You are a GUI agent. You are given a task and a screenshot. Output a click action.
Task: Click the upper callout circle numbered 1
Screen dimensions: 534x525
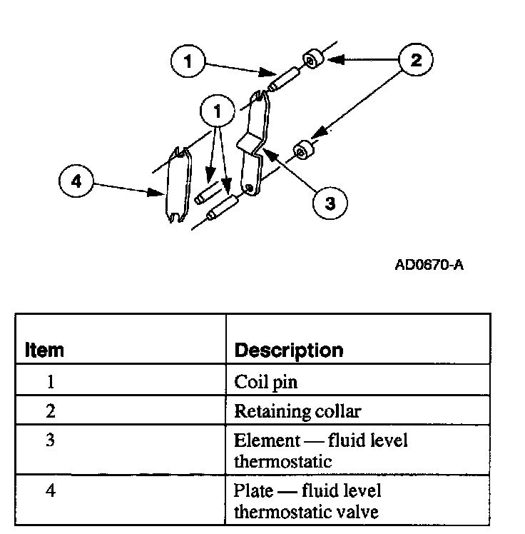pos(188,61)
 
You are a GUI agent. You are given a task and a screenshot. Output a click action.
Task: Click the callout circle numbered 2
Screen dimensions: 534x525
pos(415,60)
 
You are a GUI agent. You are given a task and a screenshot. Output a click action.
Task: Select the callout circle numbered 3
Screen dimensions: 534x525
pos(330,203)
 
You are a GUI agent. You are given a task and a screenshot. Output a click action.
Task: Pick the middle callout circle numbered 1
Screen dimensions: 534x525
pos(218,111)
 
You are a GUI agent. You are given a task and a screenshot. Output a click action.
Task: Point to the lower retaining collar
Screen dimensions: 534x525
pos(302,151)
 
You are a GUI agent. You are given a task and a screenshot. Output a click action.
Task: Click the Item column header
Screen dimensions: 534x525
pos(44,351)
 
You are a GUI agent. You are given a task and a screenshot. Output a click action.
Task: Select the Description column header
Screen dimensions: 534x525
pos(289,351)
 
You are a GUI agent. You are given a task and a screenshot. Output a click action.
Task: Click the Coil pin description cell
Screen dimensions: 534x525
pos(265,382)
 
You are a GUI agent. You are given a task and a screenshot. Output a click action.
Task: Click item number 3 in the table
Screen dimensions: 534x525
pos(51,440)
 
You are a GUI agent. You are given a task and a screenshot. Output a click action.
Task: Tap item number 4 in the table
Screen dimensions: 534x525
pos(51,491)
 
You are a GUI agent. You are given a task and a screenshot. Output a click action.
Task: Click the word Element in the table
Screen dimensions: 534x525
pos(262,440)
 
